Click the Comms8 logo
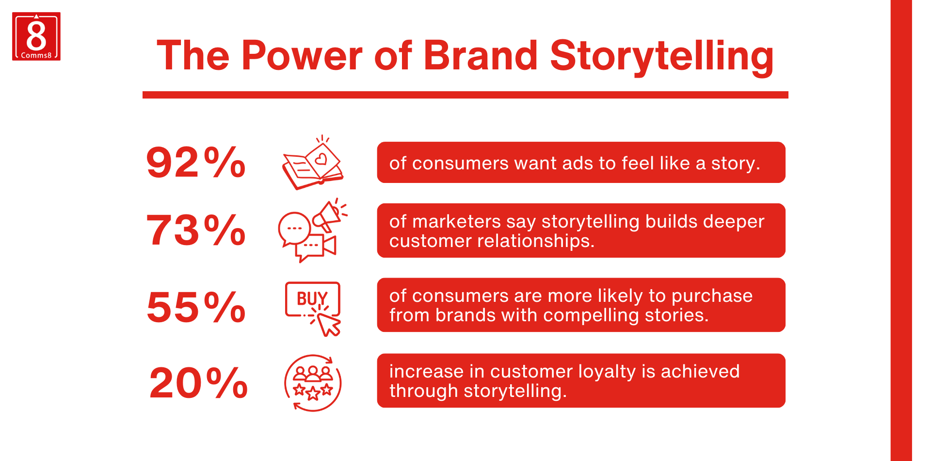[36, 36]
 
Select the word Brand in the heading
[481, 55]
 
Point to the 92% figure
[196, 162]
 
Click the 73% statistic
[196, 230]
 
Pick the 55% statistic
[196, 307]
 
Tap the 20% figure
[198, 383]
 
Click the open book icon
[313, 163]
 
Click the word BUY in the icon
[312, 298]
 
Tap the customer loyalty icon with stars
[313, 383]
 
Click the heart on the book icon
[321, 159]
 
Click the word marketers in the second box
[456, 222]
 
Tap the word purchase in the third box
[712, 296]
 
